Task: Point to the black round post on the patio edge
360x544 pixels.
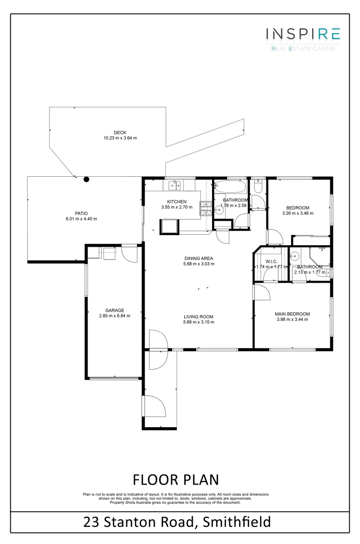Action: (87, 178)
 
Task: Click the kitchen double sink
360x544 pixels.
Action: (175, 186)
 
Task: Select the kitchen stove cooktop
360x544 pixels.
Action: (206, 209)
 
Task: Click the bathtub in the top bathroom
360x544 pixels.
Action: (230, 187)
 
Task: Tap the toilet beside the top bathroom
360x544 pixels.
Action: (258, 188)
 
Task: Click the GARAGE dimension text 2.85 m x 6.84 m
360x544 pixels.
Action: (114, 316)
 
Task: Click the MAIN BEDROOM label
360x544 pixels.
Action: (292, 314)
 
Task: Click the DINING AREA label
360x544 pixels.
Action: (198, 258)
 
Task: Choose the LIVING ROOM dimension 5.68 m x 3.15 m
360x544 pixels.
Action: (198, 322)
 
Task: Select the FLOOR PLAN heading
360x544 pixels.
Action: (176, 479)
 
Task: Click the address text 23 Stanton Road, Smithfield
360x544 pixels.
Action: (177, 521)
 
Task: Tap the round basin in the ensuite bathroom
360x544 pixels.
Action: (295, 255)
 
